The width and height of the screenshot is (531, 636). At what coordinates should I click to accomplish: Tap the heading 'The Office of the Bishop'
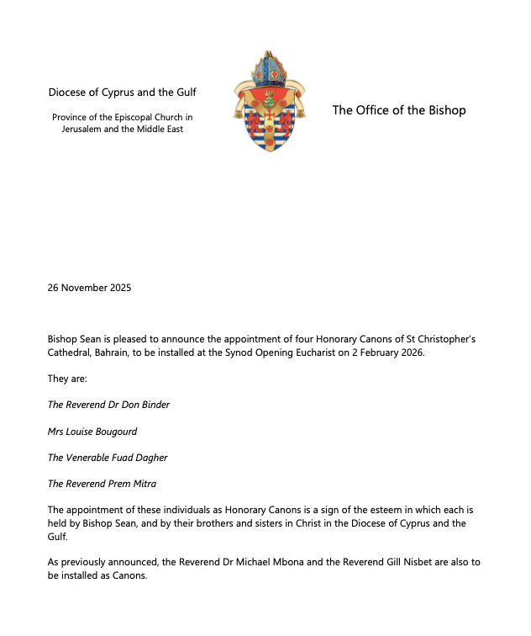pyautogui.click(x=398, y=110)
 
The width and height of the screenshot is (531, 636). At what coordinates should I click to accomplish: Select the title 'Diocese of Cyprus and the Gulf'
pyautogui.click(x=122, y=93)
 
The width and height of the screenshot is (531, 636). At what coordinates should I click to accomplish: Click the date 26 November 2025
pyautogui.click(x=89, y=288)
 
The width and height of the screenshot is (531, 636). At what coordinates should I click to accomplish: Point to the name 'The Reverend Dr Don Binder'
pyautogui.click(x=108, y=405)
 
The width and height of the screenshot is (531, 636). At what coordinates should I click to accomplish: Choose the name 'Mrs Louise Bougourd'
pyautogui.click(x=92, y=431)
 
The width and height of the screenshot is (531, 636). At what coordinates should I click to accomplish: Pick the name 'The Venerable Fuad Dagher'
pyautogui.click(x=107, y=458)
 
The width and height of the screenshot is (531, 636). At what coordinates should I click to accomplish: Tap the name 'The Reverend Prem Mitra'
pyautogui.click(x=101, y=484)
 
